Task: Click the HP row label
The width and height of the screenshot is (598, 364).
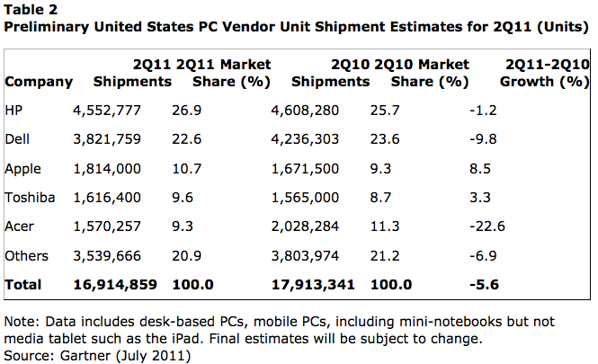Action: pyautogui.click(x=13, y=111)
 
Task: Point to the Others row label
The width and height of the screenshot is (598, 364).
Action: pyautogui.click(x=27, y=256)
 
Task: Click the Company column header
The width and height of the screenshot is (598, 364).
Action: pyautogui.click(x=39, y=82)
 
